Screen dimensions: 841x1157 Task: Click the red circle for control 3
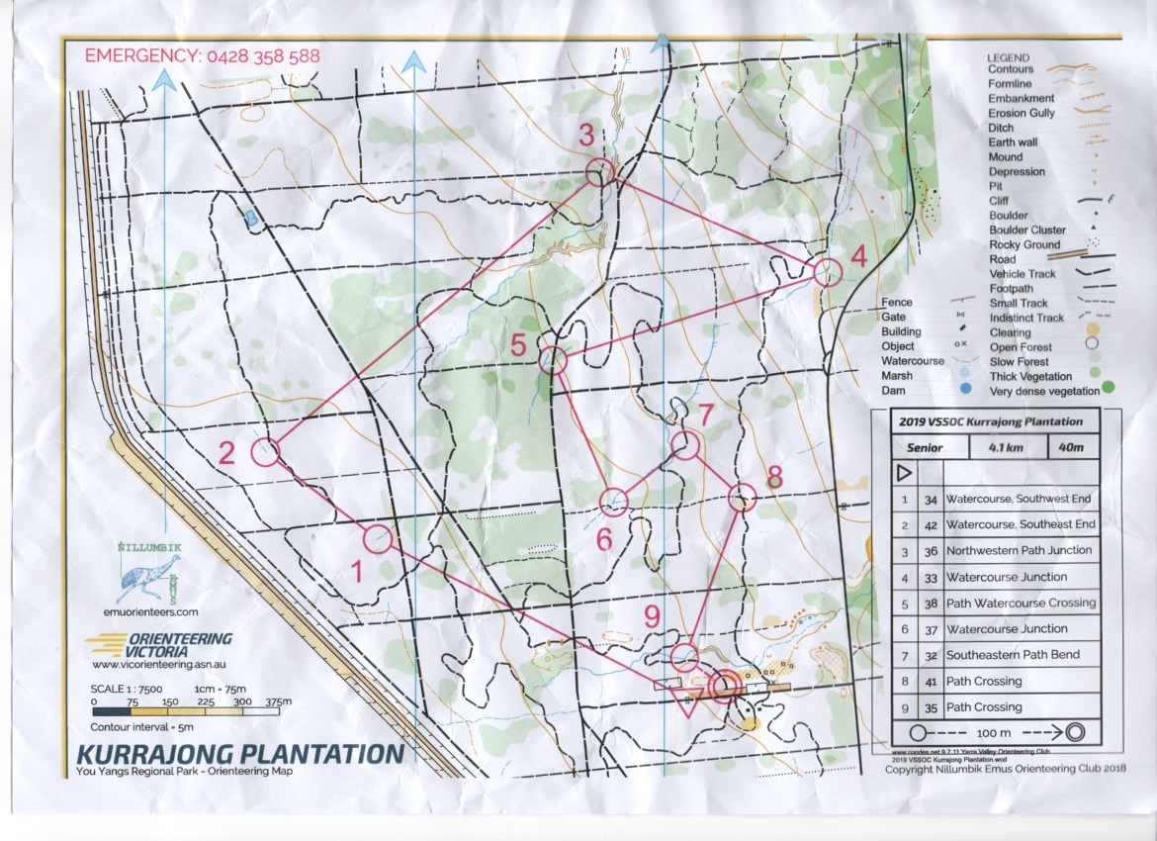coord(599,173)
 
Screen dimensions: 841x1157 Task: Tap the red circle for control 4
coord(827,272)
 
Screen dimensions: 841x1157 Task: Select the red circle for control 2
coord(265,452)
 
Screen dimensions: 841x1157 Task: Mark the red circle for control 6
coord(614,503)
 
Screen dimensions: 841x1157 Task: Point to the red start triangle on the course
coord(685,701)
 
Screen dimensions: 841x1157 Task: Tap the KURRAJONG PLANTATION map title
coord(240,754)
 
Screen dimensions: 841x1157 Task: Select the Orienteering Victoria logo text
coord(168,644)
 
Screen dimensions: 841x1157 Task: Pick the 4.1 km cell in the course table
coord(999,447)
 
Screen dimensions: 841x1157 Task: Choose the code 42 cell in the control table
coord(930,524)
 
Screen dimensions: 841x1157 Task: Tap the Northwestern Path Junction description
coord(1019,550)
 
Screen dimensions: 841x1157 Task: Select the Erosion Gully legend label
coord(1022,113)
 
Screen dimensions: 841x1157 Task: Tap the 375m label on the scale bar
coord(282,701)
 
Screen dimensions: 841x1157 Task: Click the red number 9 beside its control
coord(651,616)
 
